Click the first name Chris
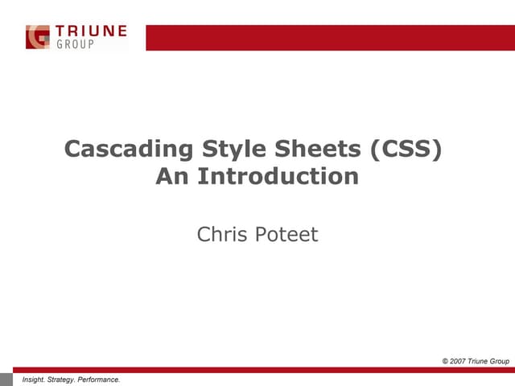click(x=220, y=235)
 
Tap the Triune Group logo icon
click(x=38, y=37)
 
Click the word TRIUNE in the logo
click(x=90, y=31)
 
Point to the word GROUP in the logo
click(x=75, y=45)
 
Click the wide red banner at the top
click(x=330, y=37)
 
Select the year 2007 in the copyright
click(x=461, y=361)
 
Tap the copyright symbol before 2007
click(x=446, y=361)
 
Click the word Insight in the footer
click(x=35, y=379)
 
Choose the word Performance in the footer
click(x=101, y=379)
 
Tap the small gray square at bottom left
click(x=7, y=379)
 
